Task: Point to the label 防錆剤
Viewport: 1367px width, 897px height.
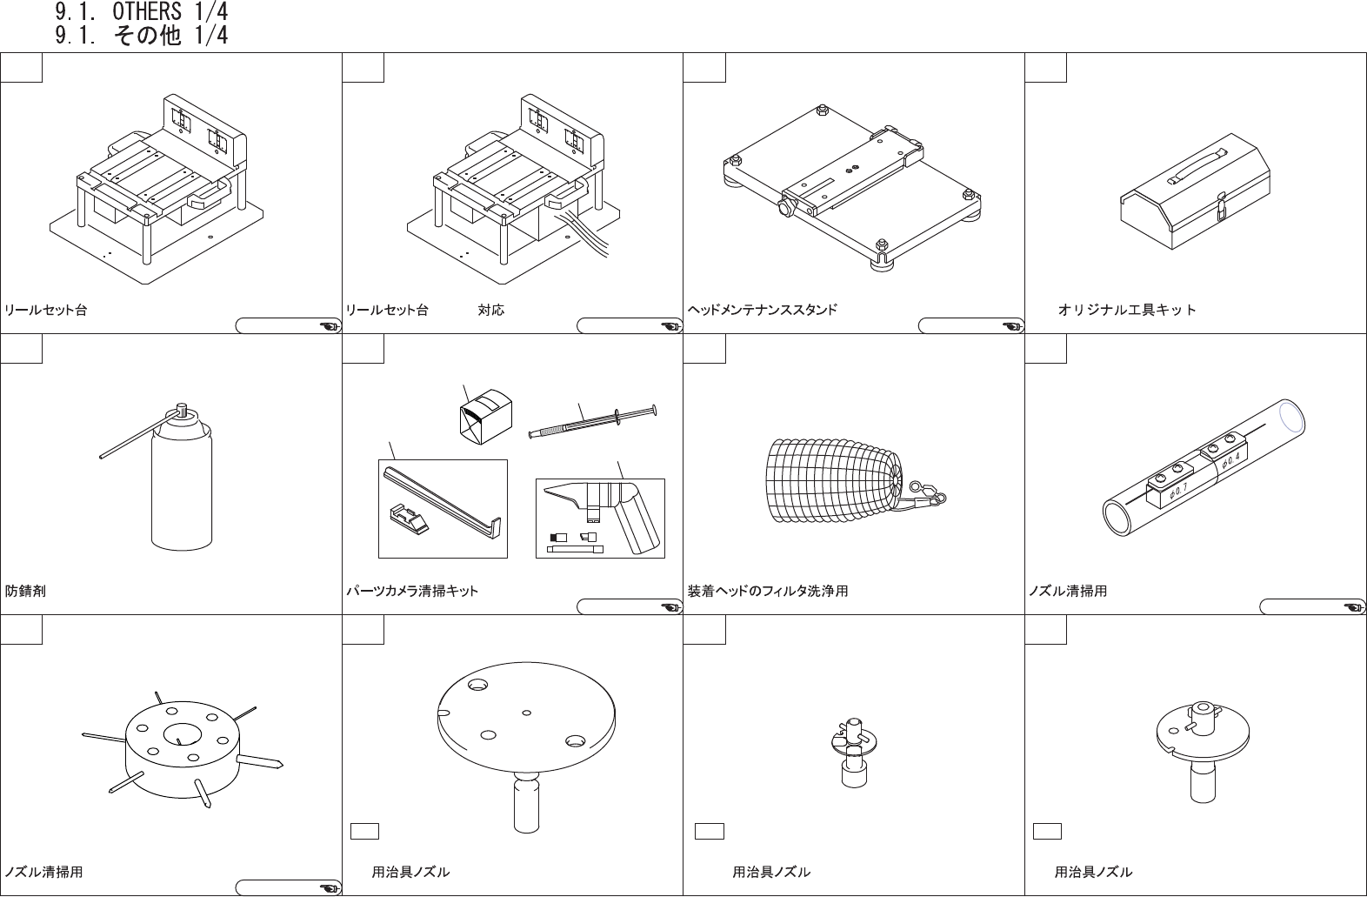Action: (x=26, y=592)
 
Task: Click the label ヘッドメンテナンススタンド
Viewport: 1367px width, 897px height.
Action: (x=763, y=311)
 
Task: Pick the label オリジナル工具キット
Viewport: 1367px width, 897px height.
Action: (x=1127, y=311)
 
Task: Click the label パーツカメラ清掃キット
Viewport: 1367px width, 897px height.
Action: (x=412, y=592)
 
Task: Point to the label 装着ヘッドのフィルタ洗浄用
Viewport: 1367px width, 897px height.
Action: (x=768, y=592)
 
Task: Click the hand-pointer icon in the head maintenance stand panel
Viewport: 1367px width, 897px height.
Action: (x=1012, y=326)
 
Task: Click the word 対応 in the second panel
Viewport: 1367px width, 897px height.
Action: (x=490, y=311)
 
